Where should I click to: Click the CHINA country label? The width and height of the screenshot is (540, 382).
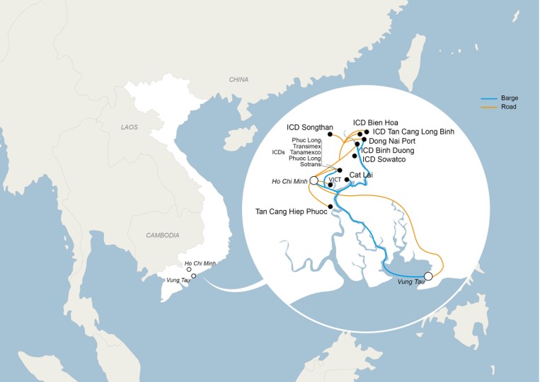239,80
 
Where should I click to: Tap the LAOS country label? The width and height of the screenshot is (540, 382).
128,127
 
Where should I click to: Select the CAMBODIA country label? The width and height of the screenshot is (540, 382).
163,235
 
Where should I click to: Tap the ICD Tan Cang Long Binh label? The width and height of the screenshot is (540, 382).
413,132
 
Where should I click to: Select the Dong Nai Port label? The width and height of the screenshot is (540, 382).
393,141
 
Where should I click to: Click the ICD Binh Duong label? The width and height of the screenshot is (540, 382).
388,151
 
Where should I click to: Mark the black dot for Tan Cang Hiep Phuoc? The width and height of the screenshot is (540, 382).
331,207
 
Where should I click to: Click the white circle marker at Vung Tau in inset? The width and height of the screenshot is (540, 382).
427,277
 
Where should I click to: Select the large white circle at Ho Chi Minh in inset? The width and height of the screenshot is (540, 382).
314,181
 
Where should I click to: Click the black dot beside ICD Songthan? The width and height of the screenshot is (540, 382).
340,134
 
